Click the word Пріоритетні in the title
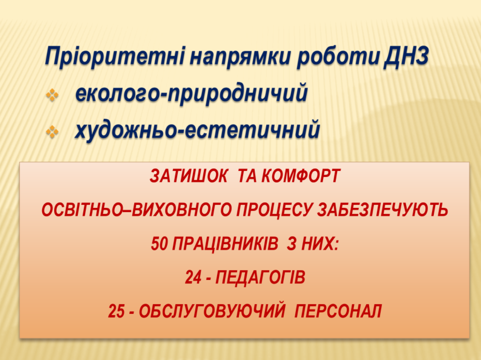point(114,57)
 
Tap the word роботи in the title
point(339,57)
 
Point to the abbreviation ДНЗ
point(406,56)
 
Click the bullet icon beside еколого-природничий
point(52,95)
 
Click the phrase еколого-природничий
point(191,94)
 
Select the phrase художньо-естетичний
point(198,130)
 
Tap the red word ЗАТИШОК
point(188,176)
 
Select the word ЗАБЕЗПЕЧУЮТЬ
point(383,210)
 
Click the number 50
point(159,244)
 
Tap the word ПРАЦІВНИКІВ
point(225,244)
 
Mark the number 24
point(193,278)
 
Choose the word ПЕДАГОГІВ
point(261,278)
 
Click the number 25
point(116,312)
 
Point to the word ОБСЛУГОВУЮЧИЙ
point(212,311)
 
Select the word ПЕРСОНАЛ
point(338,312)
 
